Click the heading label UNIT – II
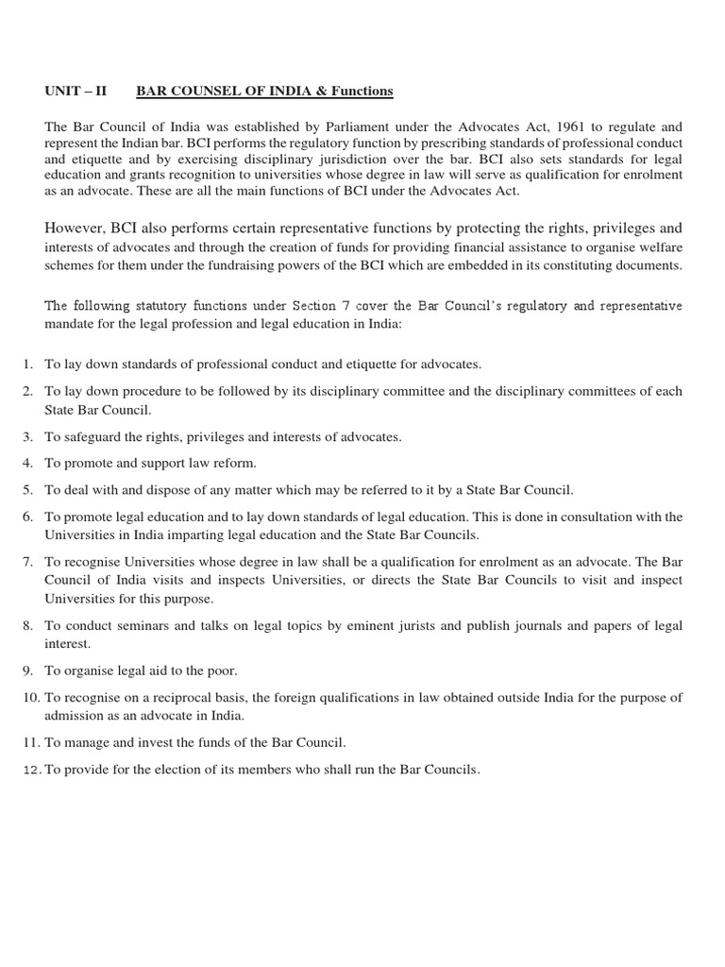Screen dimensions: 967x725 (77, 91)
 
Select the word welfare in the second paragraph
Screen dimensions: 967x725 (658, 247)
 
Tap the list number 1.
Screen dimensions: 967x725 (27, 364)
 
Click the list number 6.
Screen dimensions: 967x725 (27, 517)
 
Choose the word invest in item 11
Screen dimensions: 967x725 (154, 743)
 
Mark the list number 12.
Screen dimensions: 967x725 (30, 771)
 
